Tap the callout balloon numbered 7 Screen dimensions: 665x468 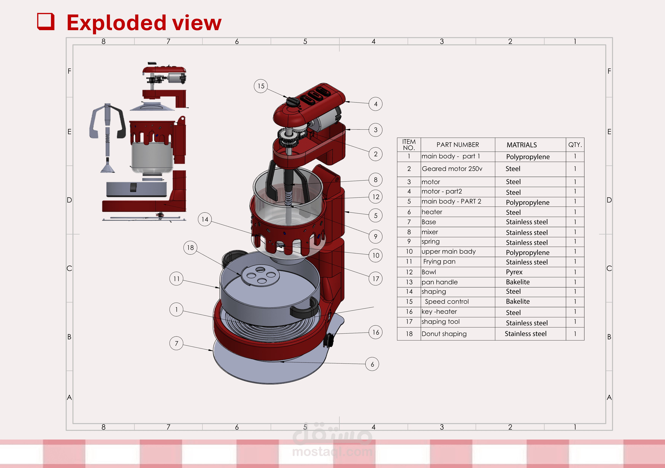[x=176, y=343]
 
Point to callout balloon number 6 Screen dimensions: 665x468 [x=372, y=364]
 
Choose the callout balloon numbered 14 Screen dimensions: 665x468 [x=205, y=219]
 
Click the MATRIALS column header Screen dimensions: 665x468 [x=522, y=145]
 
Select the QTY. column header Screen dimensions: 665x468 [x=575, y=145]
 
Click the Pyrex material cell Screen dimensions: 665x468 [x=514, y=272]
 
